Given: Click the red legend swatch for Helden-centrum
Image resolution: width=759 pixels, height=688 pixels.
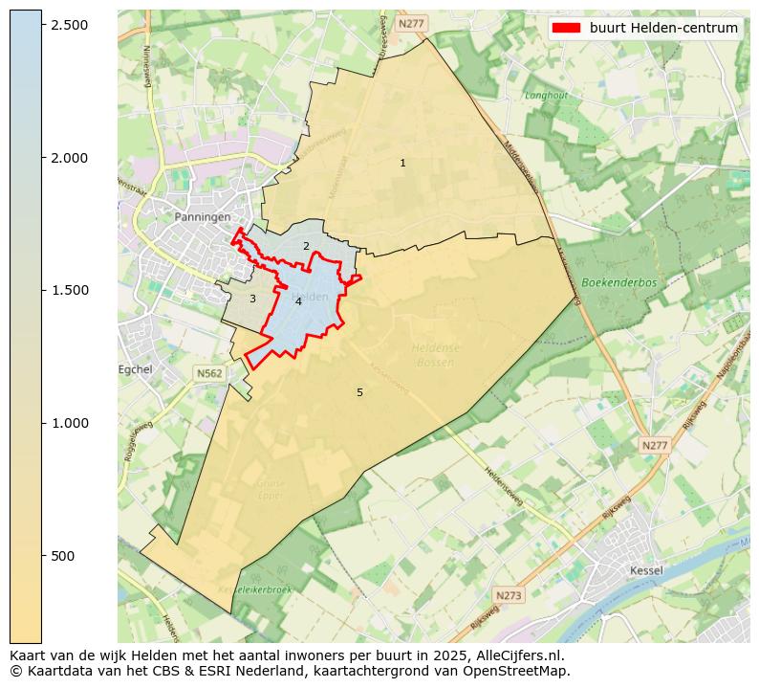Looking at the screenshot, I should (566, 28).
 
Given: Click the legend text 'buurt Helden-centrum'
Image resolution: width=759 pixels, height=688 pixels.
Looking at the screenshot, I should (663, 28).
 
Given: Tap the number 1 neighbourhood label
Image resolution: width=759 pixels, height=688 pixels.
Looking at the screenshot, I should (402, 164).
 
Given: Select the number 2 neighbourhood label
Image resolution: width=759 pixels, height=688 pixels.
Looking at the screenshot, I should (306, 247).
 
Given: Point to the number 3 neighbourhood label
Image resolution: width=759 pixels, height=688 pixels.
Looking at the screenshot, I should (252, 300).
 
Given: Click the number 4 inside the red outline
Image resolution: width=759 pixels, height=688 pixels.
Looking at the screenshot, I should (298, 302).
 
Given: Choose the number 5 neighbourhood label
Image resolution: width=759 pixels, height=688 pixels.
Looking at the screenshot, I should (359, 393).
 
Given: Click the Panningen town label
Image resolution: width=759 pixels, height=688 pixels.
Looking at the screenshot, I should (203, 217).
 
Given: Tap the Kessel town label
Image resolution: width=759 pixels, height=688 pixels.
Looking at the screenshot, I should (647, 571).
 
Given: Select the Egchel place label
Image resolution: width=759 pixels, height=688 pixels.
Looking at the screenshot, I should (135, 369).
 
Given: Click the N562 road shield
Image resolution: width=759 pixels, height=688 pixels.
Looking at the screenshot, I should (209, 373).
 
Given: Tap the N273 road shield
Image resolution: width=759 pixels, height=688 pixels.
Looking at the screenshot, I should (510, 595).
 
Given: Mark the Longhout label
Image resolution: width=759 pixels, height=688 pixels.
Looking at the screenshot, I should (546, 96).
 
